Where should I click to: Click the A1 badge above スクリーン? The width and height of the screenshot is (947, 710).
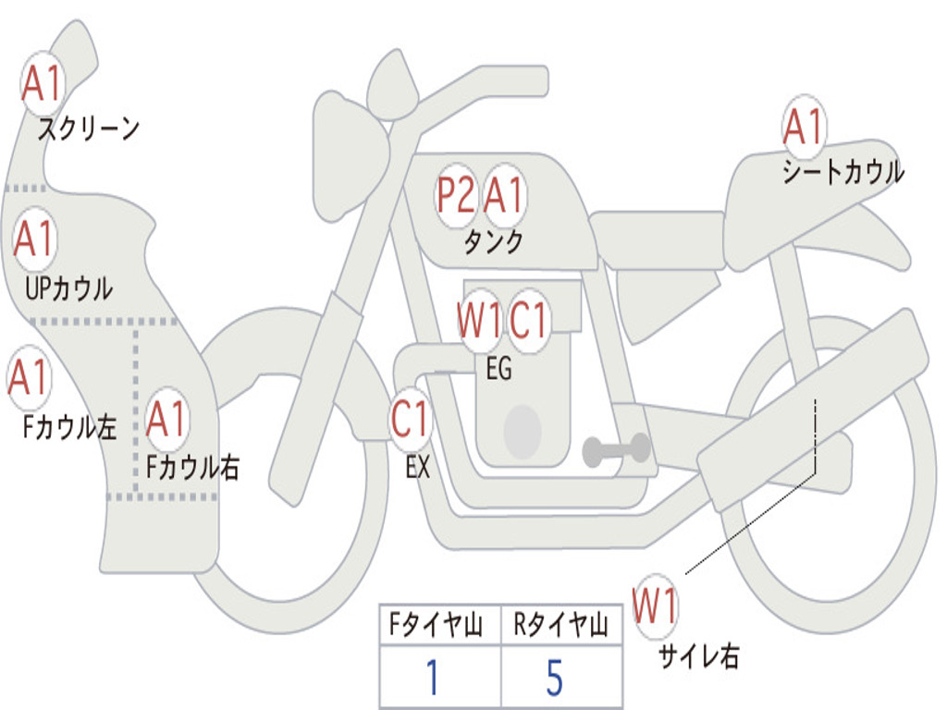click(42, 84)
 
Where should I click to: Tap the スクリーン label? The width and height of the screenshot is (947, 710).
click(88, 129)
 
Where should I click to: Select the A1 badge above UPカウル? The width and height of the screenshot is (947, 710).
click(35, 239)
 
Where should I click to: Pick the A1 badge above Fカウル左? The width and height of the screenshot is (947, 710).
click(28, 377)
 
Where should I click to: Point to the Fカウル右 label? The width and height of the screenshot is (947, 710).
click(192, 467)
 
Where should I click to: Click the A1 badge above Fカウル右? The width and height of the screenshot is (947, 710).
click(167, 420)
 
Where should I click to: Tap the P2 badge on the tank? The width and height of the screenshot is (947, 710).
click(456, 195)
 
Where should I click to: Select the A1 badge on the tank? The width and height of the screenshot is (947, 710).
click(504, 195)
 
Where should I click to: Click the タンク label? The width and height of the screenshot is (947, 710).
click(493, 242)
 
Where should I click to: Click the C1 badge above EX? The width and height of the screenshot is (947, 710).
click(411, 419)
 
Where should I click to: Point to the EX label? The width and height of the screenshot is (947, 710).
click(418, 467)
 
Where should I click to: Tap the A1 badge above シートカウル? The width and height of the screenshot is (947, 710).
click(803, 127)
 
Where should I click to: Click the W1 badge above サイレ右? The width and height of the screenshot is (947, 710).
click(655, 606)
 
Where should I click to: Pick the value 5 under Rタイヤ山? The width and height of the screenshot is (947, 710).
click(554, 678)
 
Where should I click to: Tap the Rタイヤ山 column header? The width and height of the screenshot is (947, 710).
click(560, 627)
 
